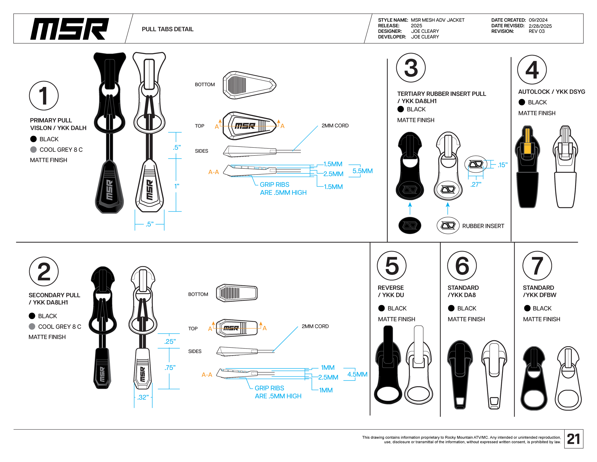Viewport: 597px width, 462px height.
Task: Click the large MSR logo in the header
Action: coord(69,29)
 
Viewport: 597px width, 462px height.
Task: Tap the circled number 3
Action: coord(410,68)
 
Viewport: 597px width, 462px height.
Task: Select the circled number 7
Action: coord(537,265)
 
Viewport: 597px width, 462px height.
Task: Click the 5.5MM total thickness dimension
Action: coord(362,171)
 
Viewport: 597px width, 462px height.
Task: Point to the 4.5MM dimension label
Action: coord(357,374)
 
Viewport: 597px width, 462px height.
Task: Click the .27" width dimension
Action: coord(476,184)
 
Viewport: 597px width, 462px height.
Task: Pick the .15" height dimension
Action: coord(502,165)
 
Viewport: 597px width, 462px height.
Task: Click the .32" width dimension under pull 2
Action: coord(143,397)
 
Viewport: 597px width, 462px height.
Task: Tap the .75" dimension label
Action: coord(170,368)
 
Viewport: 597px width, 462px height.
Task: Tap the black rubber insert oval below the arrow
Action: coord(410,225)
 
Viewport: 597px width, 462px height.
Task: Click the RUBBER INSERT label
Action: coord(483,226)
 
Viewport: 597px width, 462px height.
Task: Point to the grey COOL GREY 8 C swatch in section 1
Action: coord(33,149)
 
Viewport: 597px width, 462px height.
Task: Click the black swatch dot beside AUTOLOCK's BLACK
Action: coord(522,102)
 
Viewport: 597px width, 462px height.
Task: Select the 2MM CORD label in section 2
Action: coord(315,326)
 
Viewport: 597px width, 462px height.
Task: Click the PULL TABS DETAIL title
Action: coord(168,29)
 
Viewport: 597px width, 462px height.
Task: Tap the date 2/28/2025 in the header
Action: coord(540,26)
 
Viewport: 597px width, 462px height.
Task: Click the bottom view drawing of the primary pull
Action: coord(249,85)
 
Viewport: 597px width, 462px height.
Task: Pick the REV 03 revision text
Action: coord(536,31)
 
